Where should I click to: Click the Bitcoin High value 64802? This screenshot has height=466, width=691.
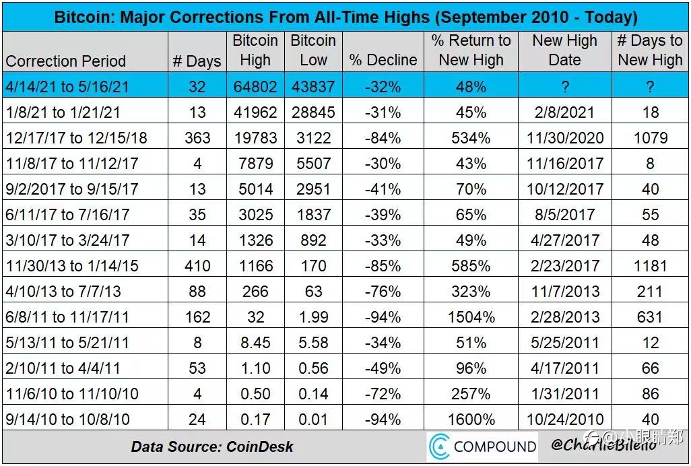click(x=255, y=86)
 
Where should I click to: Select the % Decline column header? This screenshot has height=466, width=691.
click(x=383, y=60)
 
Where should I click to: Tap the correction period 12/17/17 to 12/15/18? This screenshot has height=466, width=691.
click(x=76, y=138)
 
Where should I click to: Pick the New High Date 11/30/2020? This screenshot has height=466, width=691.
click(x=565, y=138)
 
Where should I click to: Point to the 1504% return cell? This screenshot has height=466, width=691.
click(x=471, y=317)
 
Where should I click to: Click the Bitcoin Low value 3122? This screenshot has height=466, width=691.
click(x=313, y=138)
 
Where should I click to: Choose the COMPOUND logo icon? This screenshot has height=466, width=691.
click(x=439, y=446)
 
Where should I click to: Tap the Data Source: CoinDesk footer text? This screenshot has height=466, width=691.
click(x=212, y=446)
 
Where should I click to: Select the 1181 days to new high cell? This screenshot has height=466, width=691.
click(x=650, y=265)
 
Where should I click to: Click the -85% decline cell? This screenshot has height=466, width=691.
click(x=383, y=265)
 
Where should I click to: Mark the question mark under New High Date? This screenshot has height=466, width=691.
click(x=565, y=86)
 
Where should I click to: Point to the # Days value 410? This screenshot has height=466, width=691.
click(x=197, y=265)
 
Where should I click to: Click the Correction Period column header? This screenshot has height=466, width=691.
click(x=65, y=61)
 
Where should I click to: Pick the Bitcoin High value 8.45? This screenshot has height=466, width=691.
click(x=255, y=342)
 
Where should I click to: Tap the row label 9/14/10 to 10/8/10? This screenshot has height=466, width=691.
click(x=67, y=419)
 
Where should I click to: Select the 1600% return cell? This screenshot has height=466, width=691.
click(x=471, y=419)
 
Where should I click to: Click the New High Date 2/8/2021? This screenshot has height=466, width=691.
click(x=565, y=112)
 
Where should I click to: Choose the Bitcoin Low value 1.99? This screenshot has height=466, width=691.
click(x=313, y=317)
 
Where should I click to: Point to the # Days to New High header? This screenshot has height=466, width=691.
click(x=650, y=50)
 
